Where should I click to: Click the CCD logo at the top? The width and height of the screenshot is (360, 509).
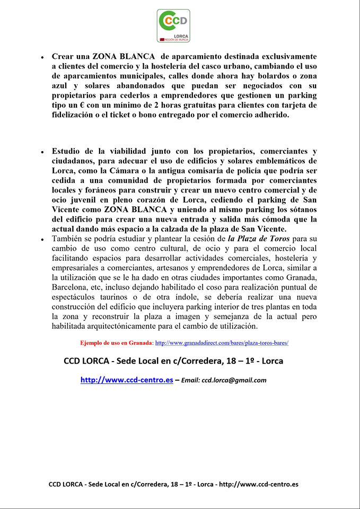173,25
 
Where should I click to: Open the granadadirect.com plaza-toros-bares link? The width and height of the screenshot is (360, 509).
222,343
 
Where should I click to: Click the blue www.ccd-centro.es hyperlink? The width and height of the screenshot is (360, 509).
127,380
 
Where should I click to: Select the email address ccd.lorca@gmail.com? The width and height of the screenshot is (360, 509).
234,380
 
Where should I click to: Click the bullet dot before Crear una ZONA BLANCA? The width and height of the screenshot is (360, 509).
42,57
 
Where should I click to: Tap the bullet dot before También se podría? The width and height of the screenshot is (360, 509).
42,240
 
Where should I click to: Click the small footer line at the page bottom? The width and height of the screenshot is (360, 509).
173,484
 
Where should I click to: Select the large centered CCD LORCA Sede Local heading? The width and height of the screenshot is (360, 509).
173,361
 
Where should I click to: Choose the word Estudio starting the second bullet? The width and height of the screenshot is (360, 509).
67,151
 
